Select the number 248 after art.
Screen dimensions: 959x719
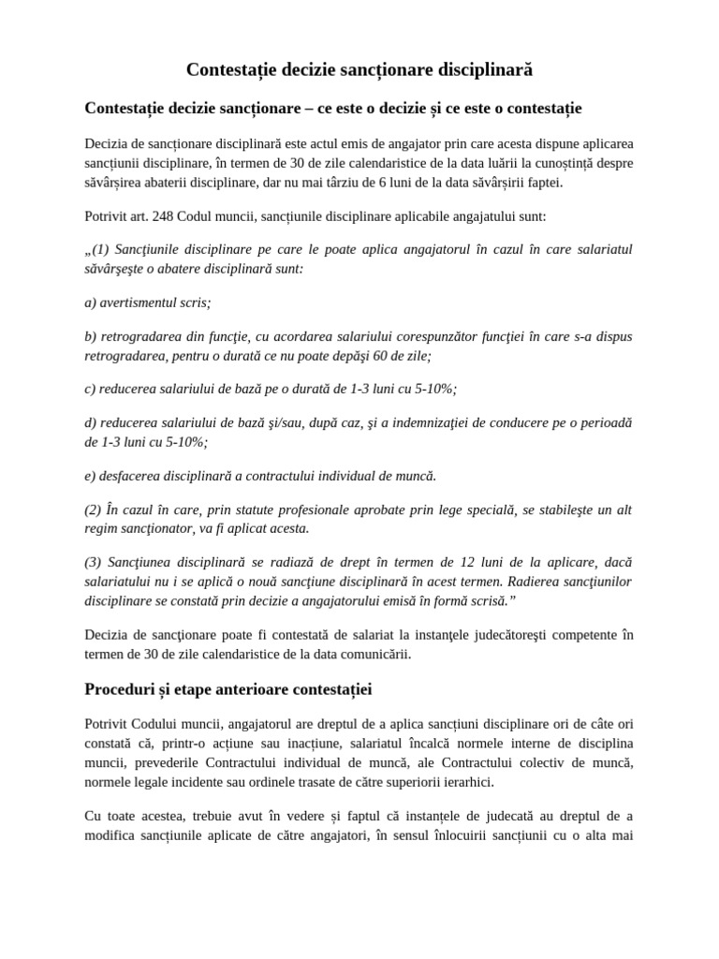click(152, 216)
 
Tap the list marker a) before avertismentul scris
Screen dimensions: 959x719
click(91, 302)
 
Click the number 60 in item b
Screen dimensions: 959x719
click(388, 355)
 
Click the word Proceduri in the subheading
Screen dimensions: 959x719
click(122, 690)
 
